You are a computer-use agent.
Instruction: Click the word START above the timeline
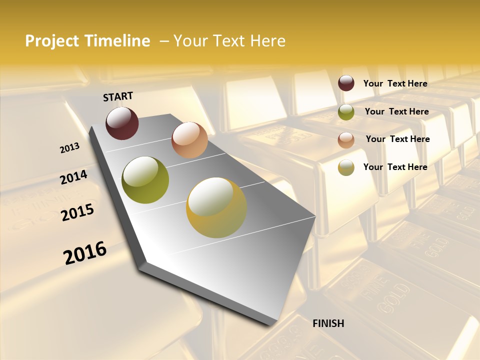point(118,96)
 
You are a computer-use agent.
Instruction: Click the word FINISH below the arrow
point(328,323)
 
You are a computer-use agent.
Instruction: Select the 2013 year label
point(69,148)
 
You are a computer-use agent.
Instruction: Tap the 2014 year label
point(73,177)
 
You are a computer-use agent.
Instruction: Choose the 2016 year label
point(85,253)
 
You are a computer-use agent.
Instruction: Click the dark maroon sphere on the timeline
point(122,123)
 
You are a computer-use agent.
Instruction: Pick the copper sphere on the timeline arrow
point(189,140)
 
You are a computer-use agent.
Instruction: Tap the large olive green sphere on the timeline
point(145,180)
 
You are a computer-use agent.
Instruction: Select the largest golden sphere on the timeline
point(216,207)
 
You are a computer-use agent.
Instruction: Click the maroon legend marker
point(346,83)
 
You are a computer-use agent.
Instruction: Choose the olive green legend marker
point(346,112)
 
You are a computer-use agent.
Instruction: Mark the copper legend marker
point(346,140)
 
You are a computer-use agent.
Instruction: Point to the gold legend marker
point(346,167)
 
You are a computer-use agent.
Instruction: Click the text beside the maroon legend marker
point(395,83)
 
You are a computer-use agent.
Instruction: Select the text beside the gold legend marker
point(395,167)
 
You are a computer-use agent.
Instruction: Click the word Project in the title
point(52,41)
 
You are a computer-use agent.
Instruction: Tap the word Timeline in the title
point(118,41)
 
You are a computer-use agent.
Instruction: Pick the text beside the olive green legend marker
point(396,111)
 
